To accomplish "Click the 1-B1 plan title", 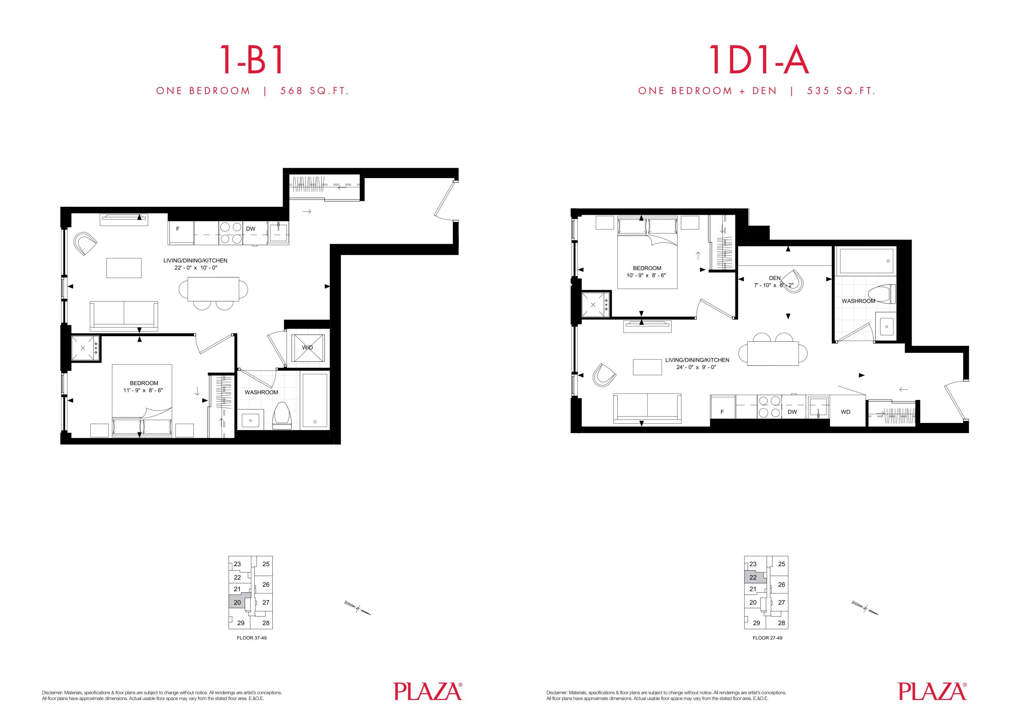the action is tap(252, 60).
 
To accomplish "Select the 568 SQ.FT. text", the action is tap(314, 91).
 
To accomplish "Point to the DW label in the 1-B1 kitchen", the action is tap(251, 229).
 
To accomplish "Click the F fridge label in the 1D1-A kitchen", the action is tap(722, 412).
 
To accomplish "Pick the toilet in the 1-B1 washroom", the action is tap(282, 415).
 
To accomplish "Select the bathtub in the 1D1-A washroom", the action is tap(865, 261).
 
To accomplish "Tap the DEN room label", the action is tap(774, 278).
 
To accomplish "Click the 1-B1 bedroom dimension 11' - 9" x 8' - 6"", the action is tap(144, 391).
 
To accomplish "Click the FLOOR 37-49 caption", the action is tap(252, 638).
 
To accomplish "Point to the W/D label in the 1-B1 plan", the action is tap(307, 348).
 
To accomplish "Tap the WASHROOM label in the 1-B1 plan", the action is tap(261, 393).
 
